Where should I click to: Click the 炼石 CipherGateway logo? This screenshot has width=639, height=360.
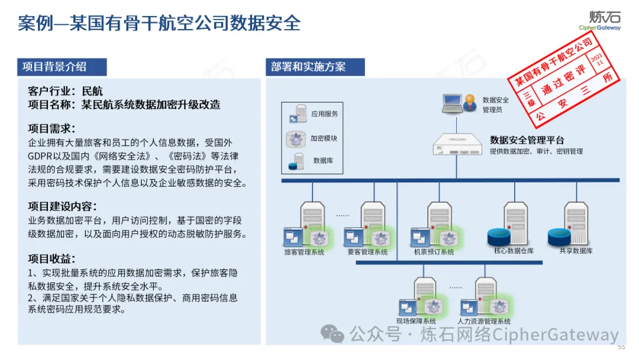click(x=600, y=20)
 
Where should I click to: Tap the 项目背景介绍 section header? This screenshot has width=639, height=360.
click(x=54, y=66)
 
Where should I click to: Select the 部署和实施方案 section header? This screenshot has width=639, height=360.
click(x=308, y=66)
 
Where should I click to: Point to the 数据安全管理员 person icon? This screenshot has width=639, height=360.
click(x=470, y=102)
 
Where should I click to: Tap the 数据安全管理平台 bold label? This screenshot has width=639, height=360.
click(x=527, y=140)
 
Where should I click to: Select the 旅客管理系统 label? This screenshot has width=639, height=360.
click(x=305, y=252)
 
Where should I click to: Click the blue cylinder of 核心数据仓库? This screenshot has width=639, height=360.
click(x=499, y=237)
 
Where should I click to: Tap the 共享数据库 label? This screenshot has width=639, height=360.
click(x=575, y=251)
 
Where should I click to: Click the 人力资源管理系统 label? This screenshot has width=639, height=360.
click(x=484, y=322)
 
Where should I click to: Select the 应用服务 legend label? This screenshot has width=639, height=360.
click(x=324, y=114)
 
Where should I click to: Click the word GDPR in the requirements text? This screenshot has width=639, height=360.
click(x=41, y=156)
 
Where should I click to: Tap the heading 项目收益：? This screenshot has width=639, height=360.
click(x=52, y=259)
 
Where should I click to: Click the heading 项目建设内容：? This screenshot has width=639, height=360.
click(x=62, y=207)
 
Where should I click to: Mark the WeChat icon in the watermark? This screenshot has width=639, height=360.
click(x=333, y=335)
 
